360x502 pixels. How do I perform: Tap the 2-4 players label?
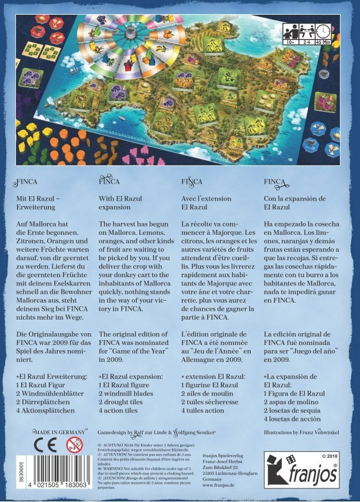coord(307,41)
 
